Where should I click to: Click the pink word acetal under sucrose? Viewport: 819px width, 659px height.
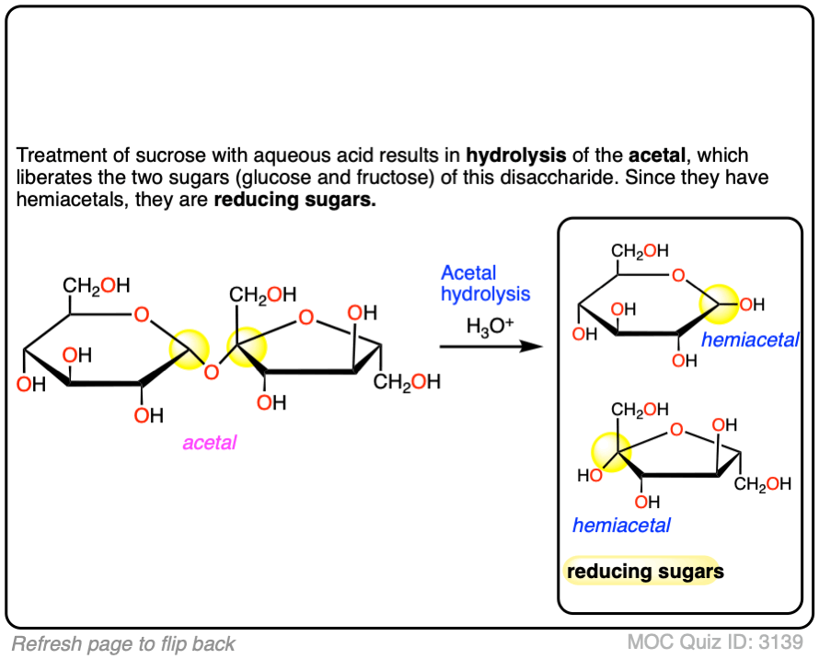coord(209,443)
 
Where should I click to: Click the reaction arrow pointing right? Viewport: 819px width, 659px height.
coord(488,347)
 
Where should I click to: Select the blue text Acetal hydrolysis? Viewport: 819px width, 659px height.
coord(485,283)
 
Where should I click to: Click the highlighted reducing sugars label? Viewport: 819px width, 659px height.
coord(644,572)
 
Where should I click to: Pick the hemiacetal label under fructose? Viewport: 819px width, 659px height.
coord(621,526)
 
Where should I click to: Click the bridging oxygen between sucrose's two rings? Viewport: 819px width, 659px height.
coord(211,372)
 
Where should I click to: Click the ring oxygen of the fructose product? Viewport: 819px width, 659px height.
coord(677,429)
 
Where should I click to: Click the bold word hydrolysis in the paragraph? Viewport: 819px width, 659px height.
coord(515,156)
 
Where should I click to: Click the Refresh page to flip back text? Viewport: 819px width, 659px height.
coord(123,643)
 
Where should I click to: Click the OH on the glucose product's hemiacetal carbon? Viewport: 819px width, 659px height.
coord(752,304)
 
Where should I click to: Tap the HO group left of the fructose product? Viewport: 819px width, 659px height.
coord(588,476)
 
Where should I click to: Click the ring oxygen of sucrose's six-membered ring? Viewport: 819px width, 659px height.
coord(141,316)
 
